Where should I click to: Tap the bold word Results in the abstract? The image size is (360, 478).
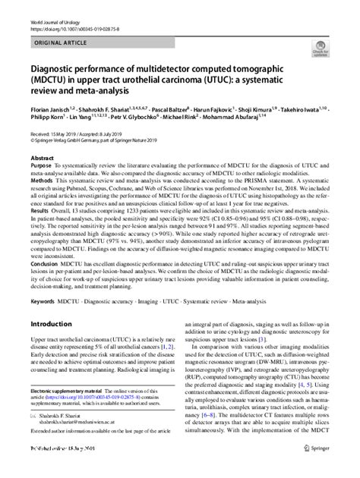41,215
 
